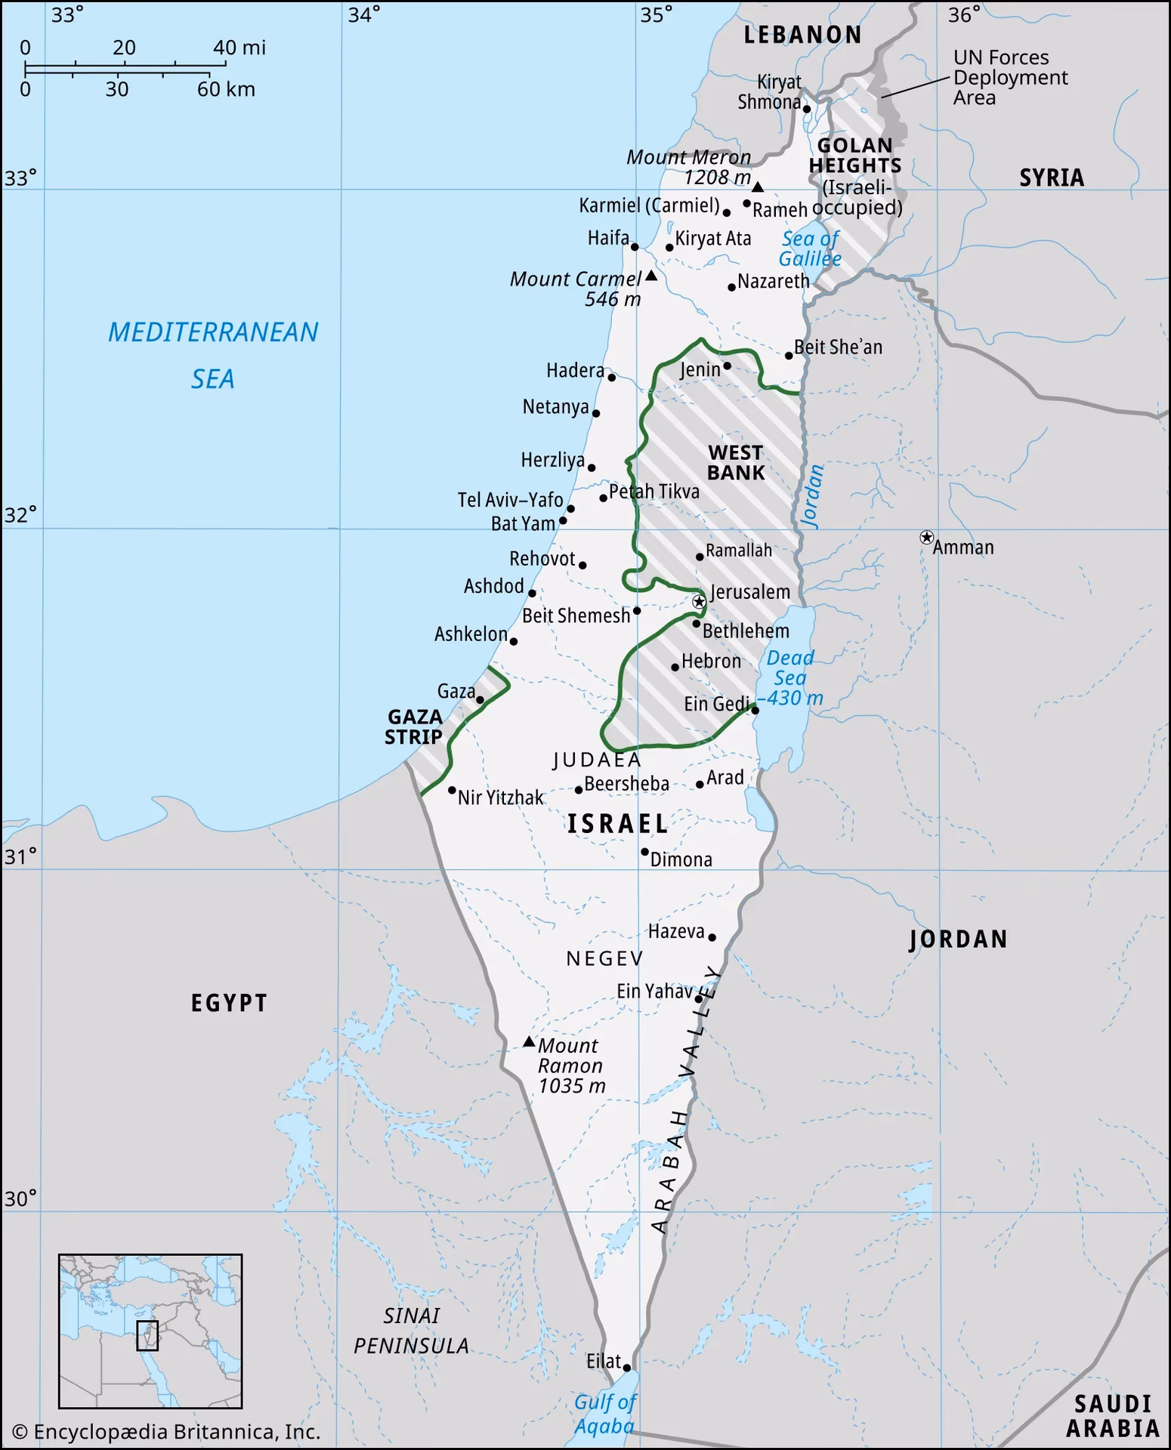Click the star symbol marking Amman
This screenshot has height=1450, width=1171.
coord(926,537)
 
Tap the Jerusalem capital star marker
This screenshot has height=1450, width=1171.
coord(700,602)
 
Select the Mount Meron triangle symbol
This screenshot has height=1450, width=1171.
coord(758,187)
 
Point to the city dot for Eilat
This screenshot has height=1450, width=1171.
coord(626,1368)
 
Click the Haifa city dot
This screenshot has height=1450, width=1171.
coord(635,247)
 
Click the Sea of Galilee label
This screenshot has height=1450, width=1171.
coord(810,248)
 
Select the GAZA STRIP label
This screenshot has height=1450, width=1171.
coord(413,727)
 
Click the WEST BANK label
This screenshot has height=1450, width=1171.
coord(735,462)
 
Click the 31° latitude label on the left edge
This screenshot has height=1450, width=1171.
coord(20,856)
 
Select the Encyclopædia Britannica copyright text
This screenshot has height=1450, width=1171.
coord(166,1432)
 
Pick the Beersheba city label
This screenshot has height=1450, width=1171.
coord(626,784)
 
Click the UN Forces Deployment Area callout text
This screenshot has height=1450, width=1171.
coord(1010,78)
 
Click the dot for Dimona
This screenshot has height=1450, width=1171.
coord(644,852)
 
